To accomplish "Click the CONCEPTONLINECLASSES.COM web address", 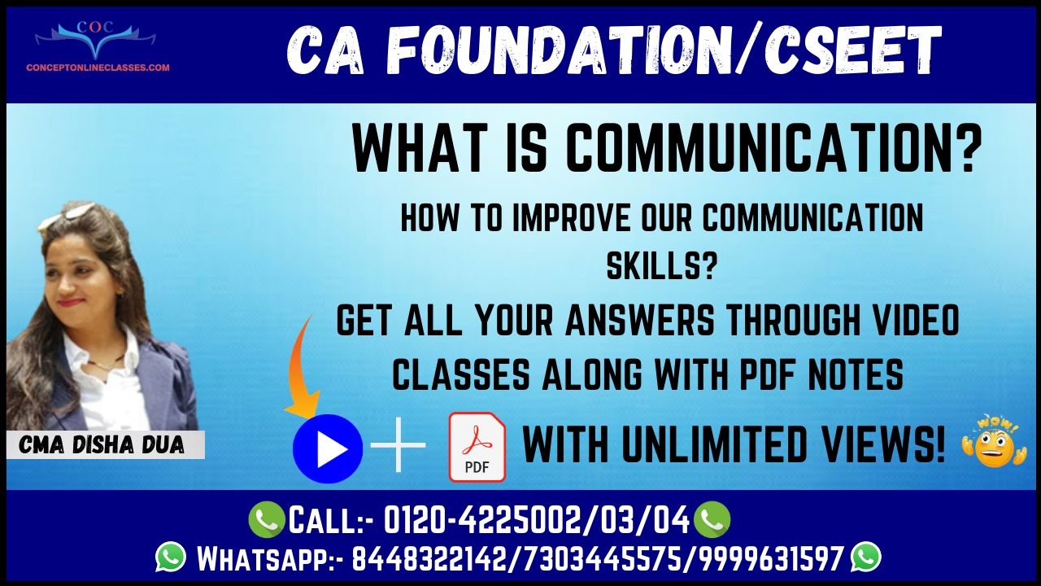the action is (x=98, y=68).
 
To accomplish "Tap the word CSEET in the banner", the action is (x=852, y=50).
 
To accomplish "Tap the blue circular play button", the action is (x=328, y=448).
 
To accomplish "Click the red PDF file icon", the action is (x=477, y=447).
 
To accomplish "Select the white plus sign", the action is (x=398, y=445).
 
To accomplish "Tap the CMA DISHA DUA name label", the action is (x=102, y=445).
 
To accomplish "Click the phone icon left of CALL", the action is (x=266, y=519).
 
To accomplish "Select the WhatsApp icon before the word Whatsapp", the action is (x=171, y=556).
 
